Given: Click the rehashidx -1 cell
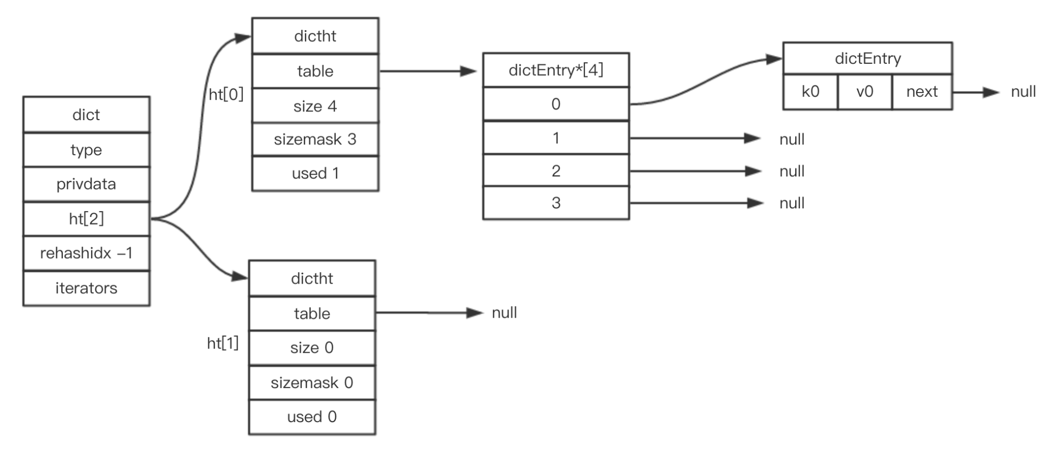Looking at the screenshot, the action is coord(86,253).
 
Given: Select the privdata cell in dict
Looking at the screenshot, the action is coord(86,184).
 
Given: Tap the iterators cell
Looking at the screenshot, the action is coord(86,288).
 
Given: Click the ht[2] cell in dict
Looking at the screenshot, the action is coord(86,219).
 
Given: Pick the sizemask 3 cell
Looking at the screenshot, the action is coord(315,140).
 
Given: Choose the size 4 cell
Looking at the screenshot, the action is coord(315,106).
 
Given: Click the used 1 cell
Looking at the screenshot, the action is coord(315,174).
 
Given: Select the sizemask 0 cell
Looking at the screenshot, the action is coord(312,383).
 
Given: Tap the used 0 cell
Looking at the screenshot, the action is coord(312,417).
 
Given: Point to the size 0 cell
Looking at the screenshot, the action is coord(312,348).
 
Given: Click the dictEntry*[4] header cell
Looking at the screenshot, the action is coord(556,70).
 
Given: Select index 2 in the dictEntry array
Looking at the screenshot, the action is coord(556,171).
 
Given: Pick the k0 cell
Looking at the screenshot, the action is coord(810,92).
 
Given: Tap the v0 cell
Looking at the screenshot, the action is coord(864,92).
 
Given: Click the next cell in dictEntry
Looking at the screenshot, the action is coord(922,92).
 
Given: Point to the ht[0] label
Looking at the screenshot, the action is coord(226,95).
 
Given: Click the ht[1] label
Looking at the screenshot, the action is coord(223,343).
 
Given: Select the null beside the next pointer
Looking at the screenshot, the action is coord(1023,92).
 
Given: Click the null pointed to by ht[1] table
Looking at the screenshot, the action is coord(504,313).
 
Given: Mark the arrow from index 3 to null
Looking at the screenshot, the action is coord(697,203).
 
